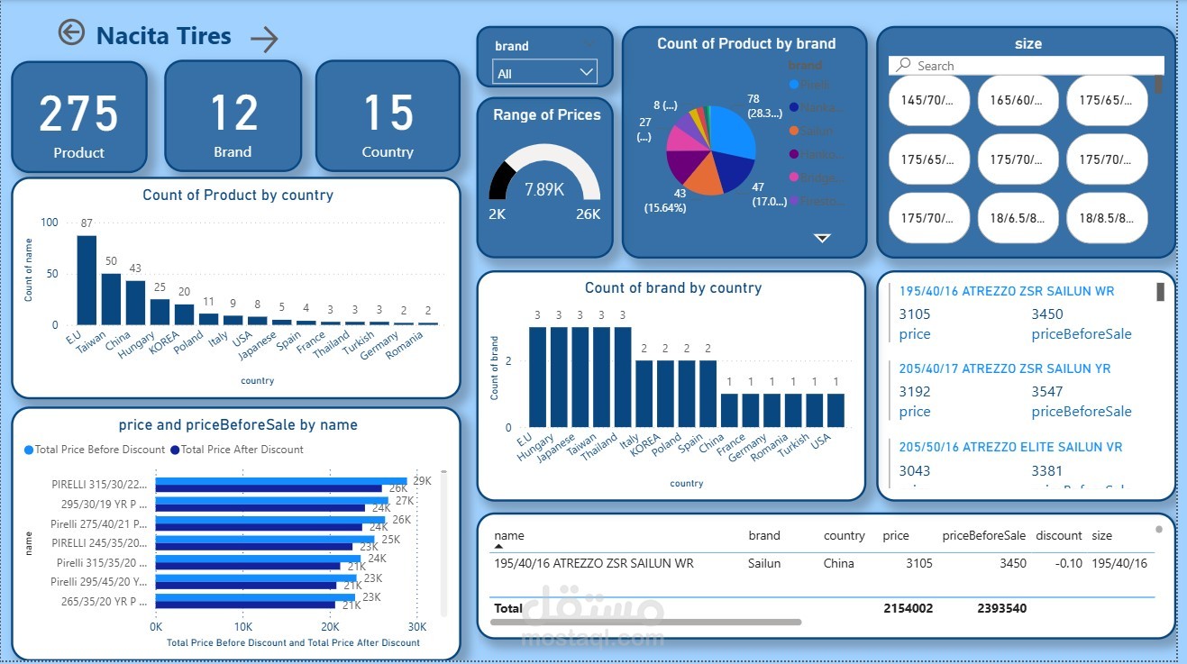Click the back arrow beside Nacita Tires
(x=71, y=33)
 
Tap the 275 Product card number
(x=78, y=114)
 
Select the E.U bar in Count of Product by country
(x=87, y=279)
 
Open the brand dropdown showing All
(x=544, y=73)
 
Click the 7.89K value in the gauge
(x=544, y=189)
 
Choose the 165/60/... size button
(x=1018, y=100)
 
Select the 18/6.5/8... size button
(x=1018, y=218)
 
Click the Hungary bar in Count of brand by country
(x=559, y=377)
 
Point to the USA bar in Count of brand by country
(x=835, y=410)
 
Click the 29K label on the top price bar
(x=422, y=481)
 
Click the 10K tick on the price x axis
(x=242, y=626)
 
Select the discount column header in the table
(x=1058, y=535)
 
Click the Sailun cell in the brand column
(x=764, y=563)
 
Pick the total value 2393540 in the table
(x=1000, y=608)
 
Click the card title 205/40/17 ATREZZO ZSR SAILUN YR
(x=1004, y=368)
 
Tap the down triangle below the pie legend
(x=822, y=238)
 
